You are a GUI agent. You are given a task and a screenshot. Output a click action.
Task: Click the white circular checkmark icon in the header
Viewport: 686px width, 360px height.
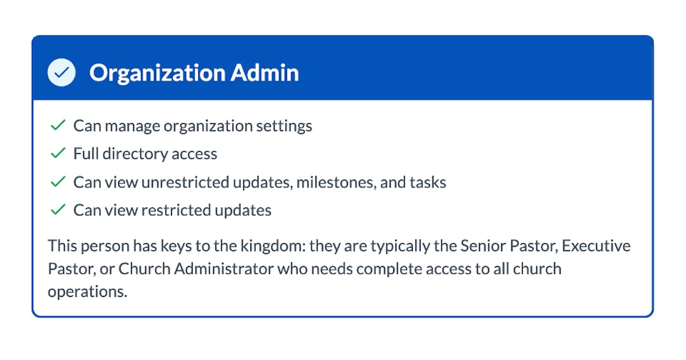(x=61, y=72)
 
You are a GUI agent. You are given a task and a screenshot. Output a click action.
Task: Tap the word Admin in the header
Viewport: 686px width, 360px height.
(x=265, y=72)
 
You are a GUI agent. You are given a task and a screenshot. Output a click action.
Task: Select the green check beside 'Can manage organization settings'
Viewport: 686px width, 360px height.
(x=58, y=126)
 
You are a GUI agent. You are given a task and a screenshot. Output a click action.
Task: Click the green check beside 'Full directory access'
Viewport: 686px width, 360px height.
(x=58, y=154)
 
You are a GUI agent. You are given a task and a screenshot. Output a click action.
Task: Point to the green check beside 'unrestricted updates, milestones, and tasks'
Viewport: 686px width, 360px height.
(x=58, y=182)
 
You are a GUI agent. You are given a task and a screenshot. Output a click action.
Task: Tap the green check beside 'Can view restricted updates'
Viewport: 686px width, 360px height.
(x=58, y=210)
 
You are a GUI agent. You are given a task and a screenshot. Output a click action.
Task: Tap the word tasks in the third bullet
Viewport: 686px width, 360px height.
(x=428, y=182)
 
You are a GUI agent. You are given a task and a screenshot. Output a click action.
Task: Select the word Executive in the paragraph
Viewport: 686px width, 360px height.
(x=596, y=246)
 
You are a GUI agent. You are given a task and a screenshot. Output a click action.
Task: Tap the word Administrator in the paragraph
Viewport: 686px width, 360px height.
(x=224, y=269)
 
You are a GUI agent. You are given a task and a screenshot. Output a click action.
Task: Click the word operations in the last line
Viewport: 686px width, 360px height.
(x=88, y=292)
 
